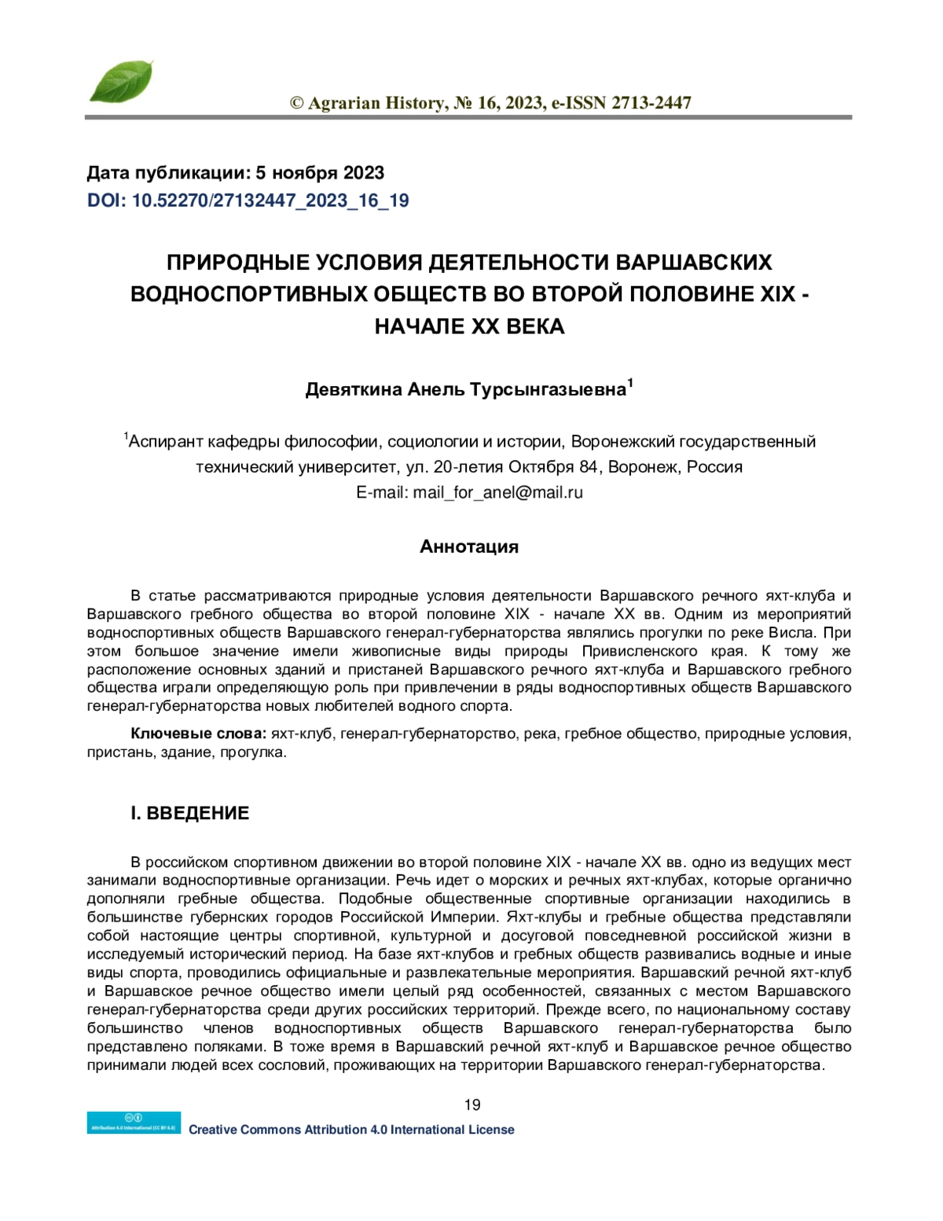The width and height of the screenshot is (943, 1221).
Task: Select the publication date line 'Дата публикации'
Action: [235, 173]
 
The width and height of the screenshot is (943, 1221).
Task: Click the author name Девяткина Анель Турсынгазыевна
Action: [465, 390]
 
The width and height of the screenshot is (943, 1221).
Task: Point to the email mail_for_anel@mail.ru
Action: [497, 493]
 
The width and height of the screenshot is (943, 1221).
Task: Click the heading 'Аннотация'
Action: [469, 546]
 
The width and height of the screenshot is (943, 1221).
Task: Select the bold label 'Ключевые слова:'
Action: [198, 734]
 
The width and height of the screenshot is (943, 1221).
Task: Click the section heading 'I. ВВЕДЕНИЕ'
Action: [189, 813]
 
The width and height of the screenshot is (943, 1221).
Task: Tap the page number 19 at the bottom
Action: [472, 1105]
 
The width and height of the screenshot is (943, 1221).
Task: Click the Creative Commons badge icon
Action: [134, 1123]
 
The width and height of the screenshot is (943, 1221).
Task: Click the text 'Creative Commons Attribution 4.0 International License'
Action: [351, 1130]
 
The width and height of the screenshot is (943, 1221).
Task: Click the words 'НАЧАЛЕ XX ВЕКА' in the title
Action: [469, 326]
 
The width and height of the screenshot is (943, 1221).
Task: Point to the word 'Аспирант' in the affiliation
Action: [163, 442]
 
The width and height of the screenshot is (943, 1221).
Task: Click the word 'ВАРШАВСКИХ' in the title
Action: [695, 262]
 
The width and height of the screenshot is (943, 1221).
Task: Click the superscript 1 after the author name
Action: [630, 384]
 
